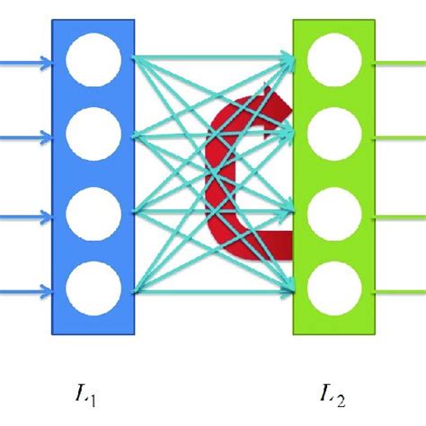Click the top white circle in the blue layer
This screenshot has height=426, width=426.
(93, 61)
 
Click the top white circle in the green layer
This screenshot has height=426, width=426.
(333, 61)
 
